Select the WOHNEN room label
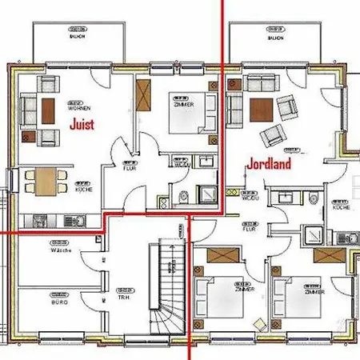79,107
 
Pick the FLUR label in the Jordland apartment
250,228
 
